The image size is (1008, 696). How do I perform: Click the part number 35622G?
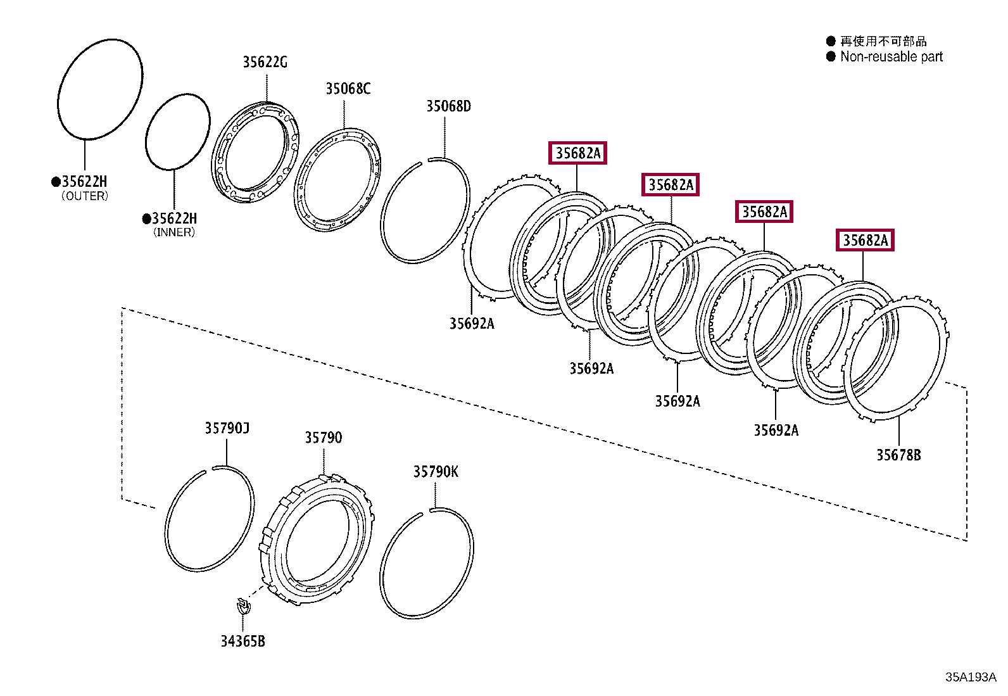pos(265,62)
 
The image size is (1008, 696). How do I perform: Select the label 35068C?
pos(348,89)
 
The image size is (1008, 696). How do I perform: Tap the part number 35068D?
pos(448,106)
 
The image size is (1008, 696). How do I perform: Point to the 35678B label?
pos(898,455)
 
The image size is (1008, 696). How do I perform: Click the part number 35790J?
pos(227,429)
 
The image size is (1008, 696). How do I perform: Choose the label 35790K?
pos(436,472)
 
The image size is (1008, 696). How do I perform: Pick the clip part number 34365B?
pos(243,642)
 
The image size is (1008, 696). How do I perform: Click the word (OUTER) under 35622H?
pos(85,196)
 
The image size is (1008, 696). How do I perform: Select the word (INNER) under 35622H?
pos(174,232)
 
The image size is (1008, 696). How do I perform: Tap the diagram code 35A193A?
pos(970,677)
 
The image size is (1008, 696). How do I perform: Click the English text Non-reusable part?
pos(891,57)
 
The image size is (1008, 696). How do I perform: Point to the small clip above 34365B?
pos(243,606)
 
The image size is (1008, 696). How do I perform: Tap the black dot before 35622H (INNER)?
pos(146,219)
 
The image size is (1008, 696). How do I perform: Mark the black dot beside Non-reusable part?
pos(831,57)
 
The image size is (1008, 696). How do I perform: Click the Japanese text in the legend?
pos(883,41)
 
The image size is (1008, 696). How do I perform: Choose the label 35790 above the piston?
pos(323,438)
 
